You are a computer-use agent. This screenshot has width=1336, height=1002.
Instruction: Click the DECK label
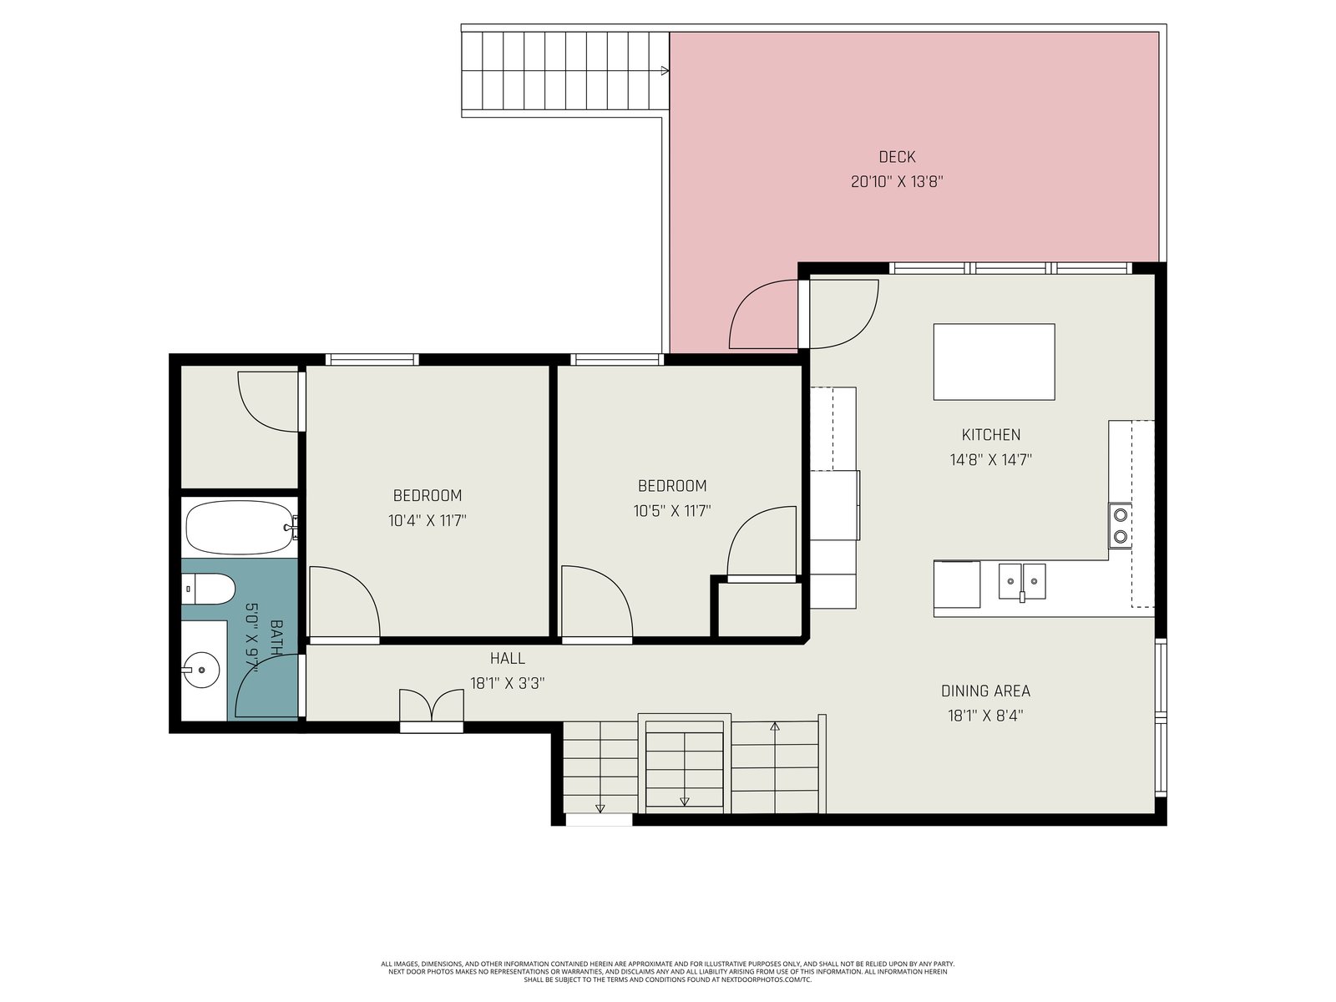point(897,157)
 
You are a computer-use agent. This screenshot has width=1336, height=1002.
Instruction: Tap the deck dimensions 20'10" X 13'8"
point(897,181)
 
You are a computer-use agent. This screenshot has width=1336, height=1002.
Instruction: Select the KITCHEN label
point(990,435)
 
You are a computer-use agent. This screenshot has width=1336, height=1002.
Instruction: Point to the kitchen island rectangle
point(994,362)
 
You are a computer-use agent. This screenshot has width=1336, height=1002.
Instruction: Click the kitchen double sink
point(1022,582)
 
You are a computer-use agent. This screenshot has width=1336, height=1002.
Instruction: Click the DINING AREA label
point(985,691)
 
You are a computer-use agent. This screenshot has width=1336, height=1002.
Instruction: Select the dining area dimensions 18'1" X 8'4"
point(985,716)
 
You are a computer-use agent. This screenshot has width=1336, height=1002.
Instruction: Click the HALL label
point(507,658)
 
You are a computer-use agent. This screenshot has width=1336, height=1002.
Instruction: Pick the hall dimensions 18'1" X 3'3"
point(507,683)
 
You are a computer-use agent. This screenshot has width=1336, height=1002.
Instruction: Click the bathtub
point(240,528)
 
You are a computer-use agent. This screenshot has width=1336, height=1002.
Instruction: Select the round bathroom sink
point(201,670)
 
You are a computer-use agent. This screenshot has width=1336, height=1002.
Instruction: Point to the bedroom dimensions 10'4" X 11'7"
point(428,521)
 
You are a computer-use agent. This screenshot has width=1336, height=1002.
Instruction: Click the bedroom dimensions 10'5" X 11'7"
point(672,511)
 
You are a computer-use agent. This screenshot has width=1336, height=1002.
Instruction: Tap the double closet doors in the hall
point(432,706)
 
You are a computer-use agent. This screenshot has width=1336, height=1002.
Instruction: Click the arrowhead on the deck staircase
point(665,71)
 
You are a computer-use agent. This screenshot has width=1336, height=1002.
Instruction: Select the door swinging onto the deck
point(764,315)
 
